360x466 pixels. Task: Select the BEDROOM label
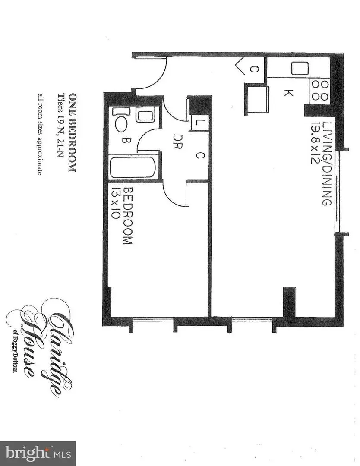coord(127,216)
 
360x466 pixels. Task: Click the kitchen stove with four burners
coord(320,90)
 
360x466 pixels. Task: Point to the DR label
coord(177,142)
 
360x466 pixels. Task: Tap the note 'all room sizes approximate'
coord(40,134)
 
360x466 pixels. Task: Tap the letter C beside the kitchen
coord(254,69)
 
